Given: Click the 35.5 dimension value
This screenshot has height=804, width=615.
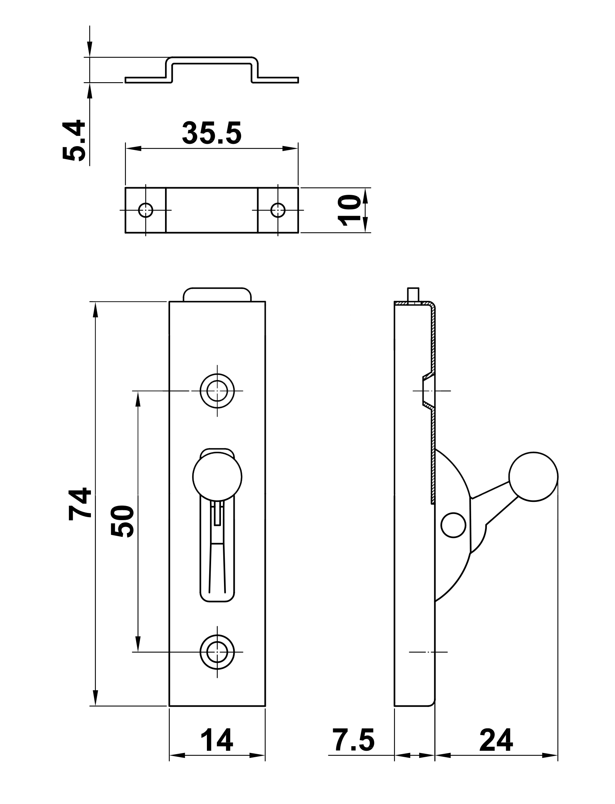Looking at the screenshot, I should tap(211, 134).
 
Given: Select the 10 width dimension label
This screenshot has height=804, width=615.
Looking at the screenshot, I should tap(350, 210).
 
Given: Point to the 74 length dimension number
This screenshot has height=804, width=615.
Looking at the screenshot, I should tap(80, 504).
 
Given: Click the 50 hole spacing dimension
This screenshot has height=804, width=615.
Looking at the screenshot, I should tap(122, 521).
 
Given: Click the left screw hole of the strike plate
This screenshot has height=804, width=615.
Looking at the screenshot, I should tap(146, 210).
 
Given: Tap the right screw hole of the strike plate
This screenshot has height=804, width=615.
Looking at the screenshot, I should tap(278, 210).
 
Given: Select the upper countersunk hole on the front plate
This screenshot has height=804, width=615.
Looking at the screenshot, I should tap(217, 391).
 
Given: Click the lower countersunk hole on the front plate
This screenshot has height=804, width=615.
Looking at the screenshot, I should tap(217, 652).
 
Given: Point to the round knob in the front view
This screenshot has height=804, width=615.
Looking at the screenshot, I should tap(217, 476).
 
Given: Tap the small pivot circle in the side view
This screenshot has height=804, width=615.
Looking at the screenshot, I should tap(453, 525).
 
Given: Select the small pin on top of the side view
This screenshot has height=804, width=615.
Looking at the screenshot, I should tap(413, 294).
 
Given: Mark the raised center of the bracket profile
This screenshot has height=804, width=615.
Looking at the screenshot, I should tap(212, 60).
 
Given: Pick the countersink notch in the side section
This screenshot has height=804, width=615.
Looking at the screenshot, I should tap(427, 391).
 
